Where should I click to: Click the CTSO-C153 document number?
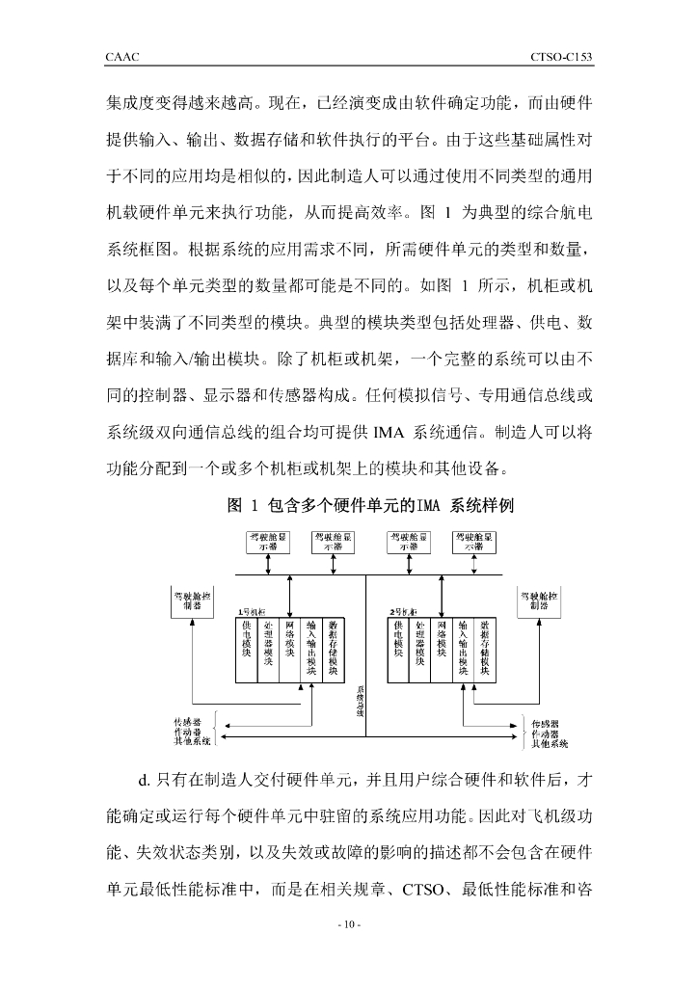tap(560, 58)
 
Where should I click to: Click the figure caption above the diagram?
tap(371, 505)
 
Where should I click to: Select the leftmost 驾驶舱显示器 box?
tap(266, 541)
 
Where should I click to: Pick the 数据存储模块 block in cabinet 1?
tap(334, 647)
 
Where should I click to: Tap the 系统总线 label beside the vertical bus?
tap(360, 700)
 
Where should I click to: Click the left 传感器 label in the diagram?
tap(187, 722)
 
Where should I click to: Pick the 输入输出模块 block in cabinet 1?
tap(311, 647)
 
